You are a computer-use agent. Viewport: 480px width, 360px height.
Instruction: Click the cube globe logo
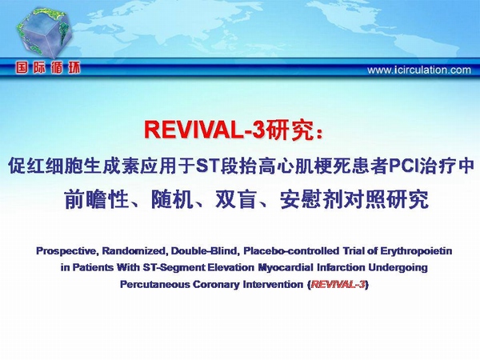(44, 32)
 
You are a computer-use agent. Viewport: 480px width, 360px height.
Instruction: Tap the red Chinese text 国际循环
(48, 67)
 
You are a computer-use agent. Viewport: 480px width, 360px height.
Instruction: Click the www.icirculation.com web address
(419, 70)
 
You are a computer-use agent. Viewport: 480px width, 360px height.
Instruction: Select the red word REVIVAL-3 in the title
(204, 130)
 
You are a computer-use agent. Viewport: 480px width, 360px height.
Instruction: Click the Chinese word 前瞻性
(96, 199)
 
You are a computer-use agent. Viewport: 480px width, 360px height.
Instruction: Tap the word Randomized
(134, 251)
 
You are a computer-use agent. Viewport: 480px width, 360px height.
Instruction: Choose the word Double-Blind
(204, 251)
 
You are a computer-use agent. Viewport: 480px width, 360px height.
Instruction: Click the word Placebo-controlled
(291, 251)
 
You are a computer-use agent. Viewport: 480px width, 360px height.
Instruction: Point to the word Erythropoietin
(416, 251)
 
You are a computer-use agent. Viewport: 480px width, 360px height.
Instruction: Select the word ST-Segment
(174, 268)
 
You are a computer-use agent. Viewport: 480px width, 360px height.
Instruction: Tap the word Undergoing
(398, 268)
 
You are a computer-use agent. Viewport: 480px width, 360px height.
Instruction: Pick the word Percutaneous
(154, 285)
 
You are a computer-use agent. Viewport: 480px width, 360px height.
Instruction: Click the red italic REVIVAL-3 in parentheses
(338, 284)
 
